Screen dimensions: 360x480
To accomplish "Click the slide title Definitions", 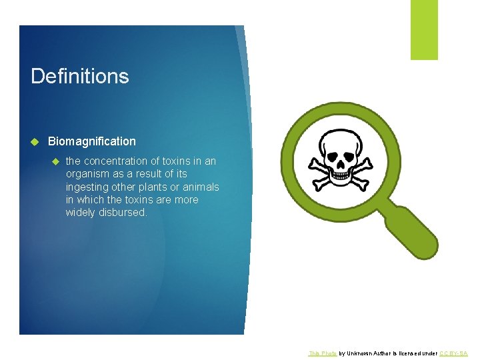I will point(80,76).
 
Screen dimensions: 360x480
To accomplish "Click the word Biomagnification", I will point(92,141).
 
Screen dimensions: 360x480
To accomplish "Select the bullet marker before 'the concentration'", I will point(56,161).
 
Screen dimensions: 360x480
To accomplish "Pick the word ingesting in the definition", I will point(87,187).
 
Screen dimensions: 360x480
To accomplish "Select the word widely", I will point(80,213).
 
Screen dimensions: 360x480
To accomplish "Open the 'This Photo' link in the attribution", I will point(323,353).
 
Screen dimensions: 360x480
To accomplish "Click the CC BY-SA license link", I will point(453,353).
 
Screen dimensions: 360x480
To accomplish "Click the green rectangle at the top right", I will point(424,29).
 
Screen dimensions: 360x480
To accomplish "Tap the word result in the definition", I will point(157,174).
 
